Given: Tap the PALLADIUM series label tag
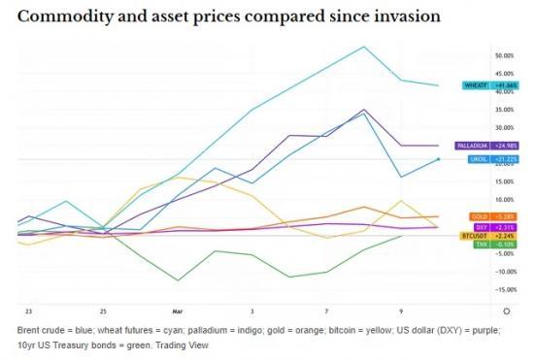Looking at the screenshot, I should pyautogui.click(x=470, y=146).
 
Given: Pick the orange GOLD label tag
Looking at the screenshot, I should pyautogui.click(x=479, y=216).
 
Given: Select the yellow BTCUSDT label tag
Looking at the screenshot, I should pyautogui.click(x=473, y=236).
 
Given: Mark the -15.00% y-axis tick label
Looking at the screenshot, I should pyautogui.click(x=507, y=289).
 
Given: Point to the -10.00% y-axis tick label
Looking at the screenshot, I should pyautogui.click(x=507, y=272).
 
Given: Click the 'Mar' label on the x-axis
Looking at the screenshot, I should pyautogui.click(x=177, y=311).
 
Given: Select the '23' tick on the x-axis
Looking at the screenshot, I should pyautogui.click(x=29, y=311).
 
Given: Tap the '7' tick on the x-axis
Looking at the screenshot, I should pyautogui.click(x=325, y=311).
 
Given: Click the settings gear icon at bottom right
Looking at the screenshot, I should pyautogui.click(x=506, y=311).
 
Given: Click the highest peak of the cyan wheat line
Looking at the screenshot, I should pyautogui.click(x=364, y=46).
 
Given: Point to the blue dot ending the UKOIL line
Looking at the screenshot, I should pyautogui.click(x=438, y=159).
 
